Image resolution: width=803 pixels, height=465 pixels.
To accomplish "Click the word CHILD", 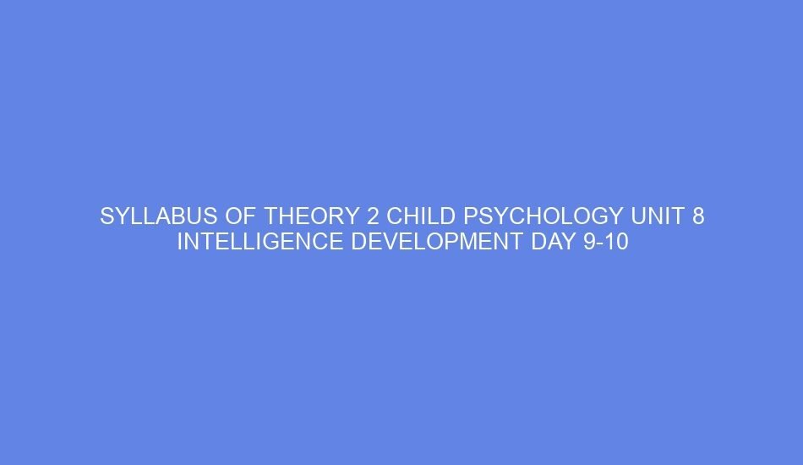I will (422, 217).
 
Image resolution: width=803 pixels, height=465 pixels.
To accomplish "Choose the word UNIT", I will (658, 217).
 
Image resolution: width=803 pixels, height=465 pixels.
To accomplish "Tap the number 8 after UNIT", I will (698, 217).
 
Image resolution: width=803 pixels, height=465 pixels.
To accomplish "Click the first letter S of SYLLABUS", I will (107, 217).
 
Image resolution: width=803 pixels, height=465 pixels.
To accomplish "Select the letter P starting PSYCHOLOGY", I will (470, 217).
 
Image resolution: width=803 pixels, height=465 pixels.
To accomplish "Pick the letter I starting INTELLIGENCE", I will (179, 243).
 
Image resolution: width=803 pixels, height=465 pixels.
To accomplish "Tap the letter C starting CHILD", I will (395, 217).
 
